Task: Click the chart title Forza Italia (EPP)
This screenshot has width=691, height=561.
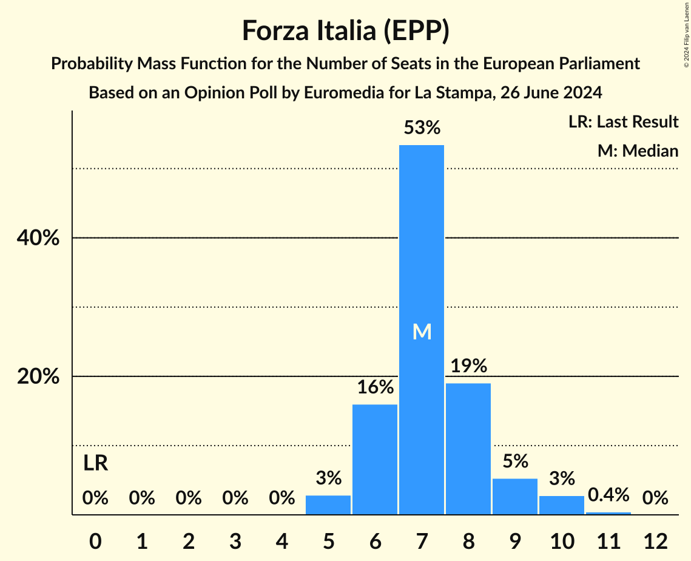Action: pyautogui.click(x=345, y=30)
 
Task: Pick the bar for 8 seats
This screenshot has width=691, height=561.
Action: pyautogui.click(x=468, y=449)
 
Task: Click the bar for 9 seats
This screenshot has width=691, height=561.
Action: pyautogui.click(x=515, y=496)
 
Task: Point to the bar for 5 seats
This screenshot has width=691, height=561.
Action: pyautogui.click(x=328, y=505)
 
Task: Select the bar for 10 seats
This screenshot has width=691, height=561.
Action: pyautogui.click(x=562, y=505)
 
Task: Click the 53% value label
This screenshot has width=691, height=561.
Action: pyautogui.click(x=422, y=128)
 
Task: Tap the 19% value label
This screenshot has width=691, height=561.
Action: pyautogui.click(x=468, y=366)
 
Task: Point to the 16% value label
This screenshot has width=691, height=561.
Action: pyautogui.click(x=375, y=387)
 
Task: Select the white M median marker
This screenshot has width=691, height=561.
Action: pyautogui.click(x=422, y=331)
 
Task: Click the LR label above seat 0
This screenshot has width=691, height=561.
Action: pyautogui.click(x=95, y=463)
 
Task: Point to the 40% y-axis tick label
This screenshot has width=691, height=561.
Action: pyautogui.click(x=38, y=239)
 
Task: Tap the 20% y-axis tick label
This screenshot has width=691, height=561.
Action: pyautogui.click(x=38, y=377)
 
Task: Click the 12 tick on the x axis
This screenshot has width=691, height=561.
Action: pyautogui.click(x=655, y=540)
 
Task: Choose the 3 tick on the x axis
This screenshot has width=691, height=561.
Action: pyautogui.click(x=235, y=540)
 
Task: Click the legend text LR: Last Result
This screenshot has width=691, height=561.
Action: pyautogui.click(x=623, y=122)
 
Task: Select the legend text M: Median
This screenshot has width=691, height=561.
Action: pyautogui.click(x=638, y=151)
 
